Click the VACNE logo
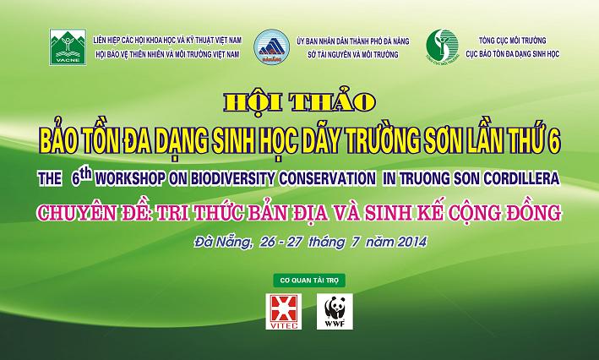point(68,47)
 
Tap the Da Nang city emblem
point(271,47)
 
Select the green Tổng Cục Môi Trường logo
point(442,46)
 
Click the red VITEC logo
point(284,312)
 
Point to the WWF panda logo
point(335,312)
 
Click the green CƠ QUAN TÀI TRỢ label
point(309,281)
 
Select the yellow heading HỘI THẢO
point(300,102)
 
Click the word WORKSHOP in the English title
point(131,179)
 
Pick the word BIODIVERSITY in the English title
point(232,179)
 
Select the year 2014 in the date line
point(411,242)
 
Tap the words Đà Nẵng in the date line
point(223,243)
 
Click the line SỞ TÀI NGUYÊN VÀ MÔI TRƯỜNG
point(353,55)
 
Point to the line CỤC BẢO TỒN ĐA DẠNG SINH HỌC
point(512,54)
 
